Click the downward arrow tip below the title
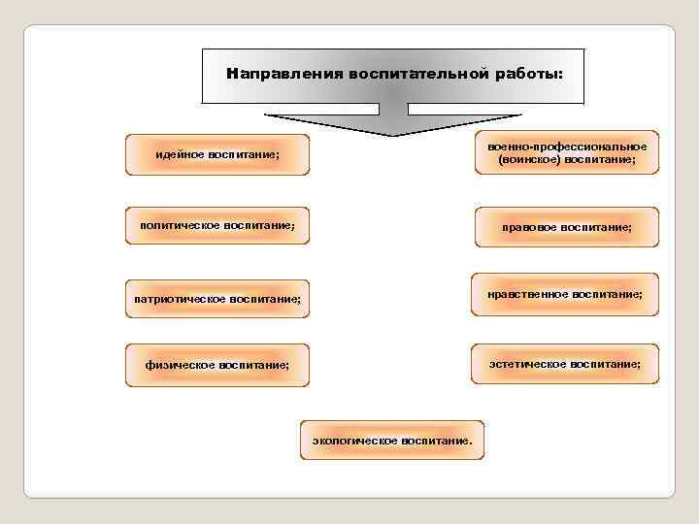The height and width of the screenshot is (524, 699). (x=392, y=133)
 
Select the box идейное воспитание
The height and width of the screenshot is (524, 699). (x=216, y=154)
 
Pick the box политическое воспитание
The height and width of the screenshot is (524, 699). (x=216, y=226)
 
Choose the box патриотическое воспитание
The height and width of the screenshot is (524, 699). (x=216, y=298)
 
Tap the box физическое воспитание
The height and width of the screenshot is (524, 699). (x=216, y=365)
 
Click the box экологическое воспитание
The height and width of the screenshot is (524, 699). (x=393, y=442)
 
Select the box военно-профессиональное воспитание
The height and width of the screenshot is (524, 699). (x=567, y=152)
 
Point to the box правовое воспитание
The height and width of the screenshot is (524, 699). (x=567, y=226)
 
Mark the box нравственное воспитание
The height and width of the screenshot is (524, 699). (x=567, y=293)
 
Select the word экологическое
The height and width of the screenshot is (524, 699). (x=354, y=442)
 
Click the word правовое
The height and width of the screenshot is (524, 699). (x=530, y=226)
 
